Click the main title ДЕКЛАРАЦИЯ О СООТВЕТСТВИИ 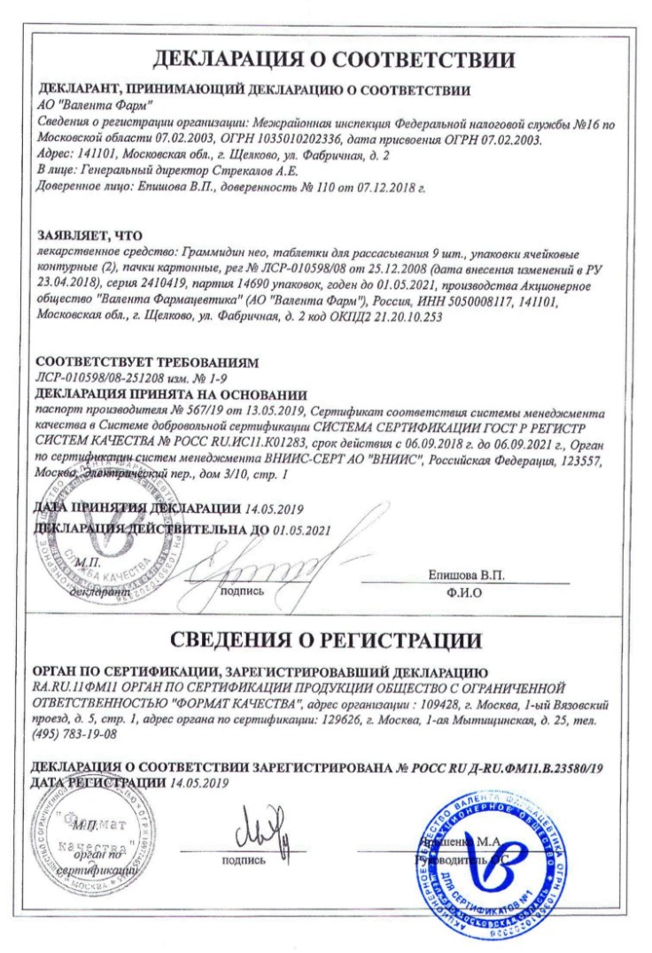point(334,60)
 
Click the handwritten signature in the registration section point(262,837)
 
